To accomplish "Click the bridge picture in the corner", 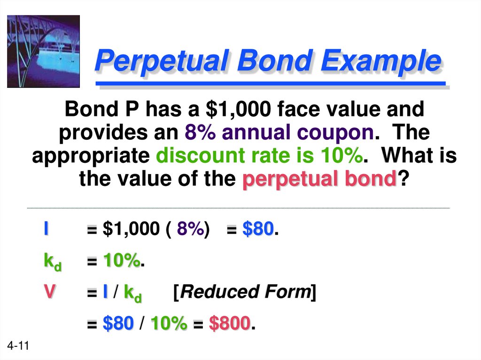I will [43, 51].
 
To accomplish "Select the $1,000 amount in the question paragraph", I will [239, 110].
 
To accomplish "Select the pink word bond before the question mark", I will [372, 179].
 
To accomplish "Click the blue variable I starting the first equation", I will [46, 230].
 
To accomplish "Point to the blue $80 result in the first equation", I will [258, 230].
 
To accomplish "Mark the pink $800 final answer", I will [230, 323].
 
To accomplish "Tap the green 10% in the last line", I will [169, 323].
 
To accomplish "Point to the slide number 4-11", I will [18, 347].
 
